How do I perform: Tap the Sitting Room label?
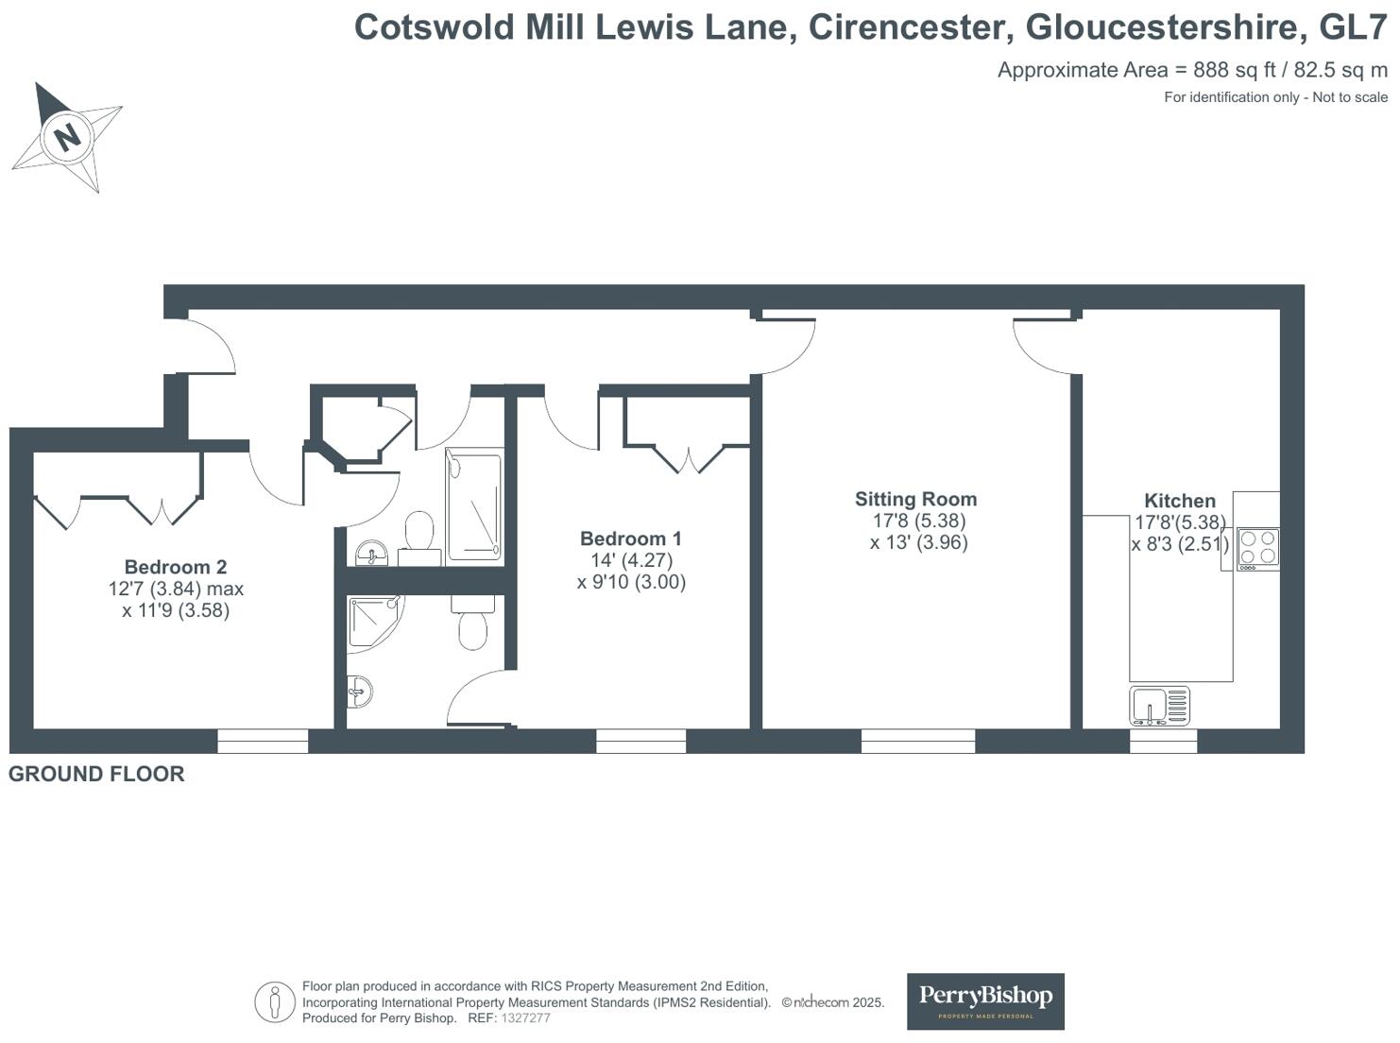(915, 499)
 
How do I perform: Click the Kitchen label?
(1179, 501)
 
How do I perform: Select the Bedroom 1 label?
(630, 539)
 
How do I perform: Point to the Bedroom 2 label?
(176, 567)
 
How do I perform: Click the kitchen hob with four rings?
(1257, 548)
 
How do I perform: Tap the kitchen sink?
(1159, 706)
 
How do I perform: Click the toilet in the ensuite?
(472, 625)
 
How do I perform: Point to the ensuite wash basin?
(359, 692)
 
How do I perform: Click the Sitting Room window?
(917, 741)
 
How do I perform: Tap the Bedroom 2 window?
(263, 741)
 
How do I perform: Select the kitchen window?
(1163, 741)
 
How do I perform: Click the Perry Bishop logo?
(985, 1000)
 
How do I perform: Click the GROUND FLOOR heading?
(96, 774)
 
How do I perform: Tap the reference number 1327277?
(525, 1018)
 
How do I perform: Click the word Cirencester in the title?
(911, 27)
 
